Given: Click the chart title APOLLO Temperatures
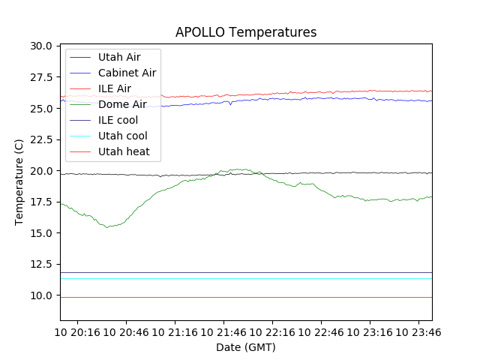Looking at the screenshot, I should [246, 32].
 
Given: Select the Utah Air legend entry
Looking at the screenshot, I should [119, 57].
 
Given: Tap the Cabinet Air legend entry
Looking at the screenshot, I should [127, 73].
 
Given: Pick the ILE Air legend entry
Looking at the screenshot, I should [115, 88].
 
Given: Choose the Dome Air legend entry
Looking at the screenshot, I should [122, 104].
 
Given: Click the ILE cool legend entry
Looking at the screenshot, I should [118, 120].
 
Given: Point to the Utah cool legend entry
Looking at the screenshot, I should [123, 136].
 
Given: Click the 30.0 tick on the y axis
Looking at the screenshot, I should [40, 46].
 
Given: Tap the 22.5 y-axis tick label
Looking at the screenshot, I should [40, 139].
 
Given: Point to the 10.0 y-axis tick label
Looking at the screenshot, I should [40, 295].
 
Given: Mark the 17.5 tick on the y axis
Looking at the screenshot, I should [40, 202].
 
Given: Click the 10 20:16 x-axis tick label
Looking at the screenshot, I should [77, 331].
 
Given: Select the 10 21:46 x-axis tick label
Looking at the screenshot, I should [223, 331].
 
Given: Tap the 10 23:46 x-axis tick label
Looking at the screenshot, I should [418, 331].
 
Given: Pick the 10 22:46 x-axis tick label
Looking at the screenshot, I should [320, 331].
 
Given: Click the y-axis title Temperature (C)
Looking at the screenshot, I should [19, 182].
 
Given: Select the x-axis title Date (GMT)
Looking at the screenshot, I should [246, 347].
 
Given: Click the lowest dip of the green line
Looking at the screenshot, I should [108, 226].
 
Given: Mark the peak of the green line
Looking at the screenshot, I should [240, 169].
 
